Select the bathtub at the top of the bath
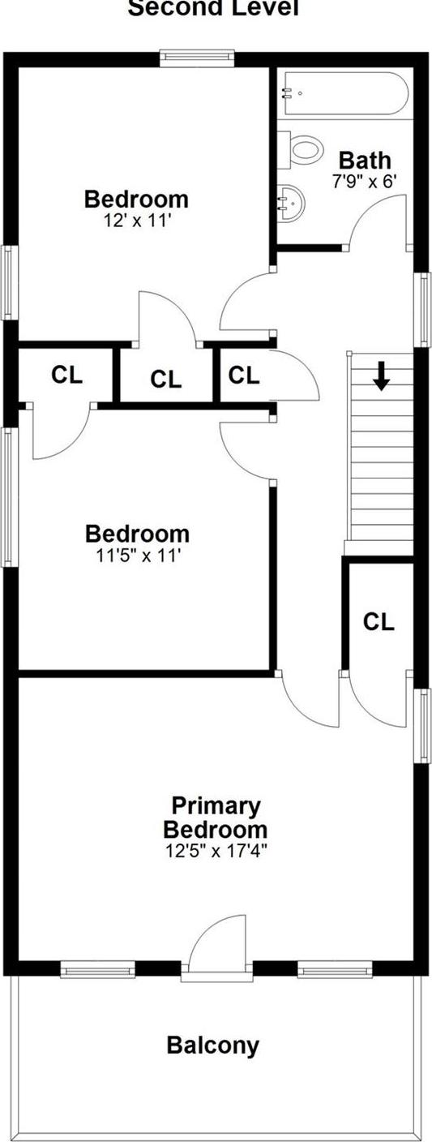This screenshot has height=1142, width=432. (344, 93)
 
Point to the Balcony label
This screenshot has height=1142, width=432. (213, 1045)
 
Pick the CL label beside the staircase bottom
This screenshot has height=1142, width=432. (379, 622)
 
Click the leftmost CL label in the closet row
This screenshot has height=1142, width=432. (66, 375)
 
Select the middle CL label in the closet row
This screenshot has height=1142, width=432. (166, 379)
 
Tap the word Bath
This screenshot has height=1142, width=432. (365, 160)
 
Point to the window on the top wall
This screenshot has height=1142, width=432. (197, 57)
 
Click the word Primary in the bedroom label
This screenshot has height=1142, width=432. (216, 806)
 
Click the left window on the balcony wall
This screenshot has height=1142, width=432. (98, 968)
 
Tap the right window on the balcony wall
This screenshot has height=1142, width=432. (334, 968)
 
